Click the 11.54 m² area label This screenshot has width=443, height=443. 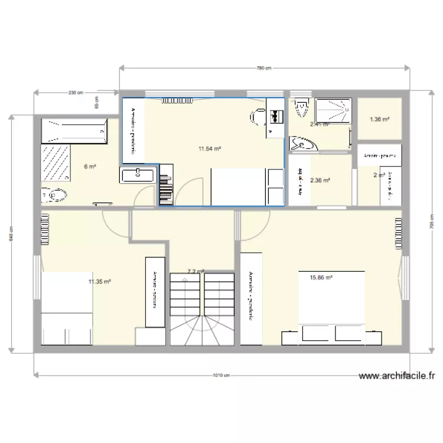(210, 149)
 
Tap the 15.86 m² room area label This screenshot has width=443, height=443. (321, 277)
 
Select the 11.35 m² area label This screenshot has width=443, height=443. (100, 282)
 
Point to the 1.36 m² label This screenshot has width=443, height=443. (379, 120)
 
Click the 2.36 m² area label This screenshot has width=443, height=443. (320, 181)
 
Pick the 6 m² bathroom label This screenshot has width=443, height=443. (89, 167)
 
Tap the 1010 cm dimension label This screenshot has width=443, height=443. (221, 375)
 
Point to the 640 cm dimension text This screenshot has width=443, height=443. (11, 232)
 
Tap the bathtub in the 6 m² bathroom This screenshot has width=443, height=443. (74, 131)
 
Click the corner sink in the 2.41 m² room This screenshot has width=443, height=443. (302, 144)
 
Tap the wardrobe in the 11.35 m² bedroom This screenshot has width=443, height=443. (155, 291)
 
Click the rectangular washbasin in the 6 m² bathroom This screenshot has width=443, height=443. (138, 174)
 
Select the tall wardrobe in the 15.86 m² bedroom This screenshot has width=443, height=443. (251, 298)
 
